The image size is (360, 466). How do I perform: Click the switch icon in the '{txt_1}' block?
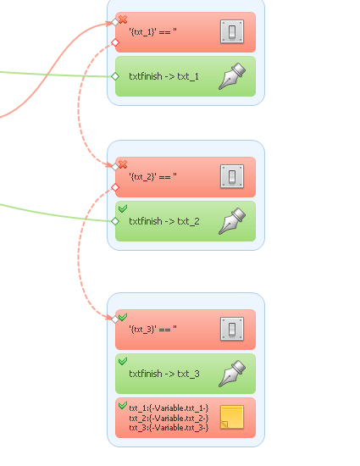[x=232, y=31]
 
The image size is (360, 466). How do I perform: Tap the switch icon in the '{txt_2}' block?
[x=232, y=176]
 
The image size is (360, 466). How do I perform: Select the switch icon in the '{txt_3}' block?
[x=232, y=329]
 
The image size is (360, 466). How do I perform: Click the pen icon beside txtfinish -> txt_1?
[x=232, y=76]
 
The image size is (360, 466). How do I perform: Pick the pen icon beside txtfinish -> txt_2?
[x=232, y=221]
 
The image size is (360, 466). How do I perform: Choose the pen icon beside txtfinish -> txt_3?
[x=232, y=374]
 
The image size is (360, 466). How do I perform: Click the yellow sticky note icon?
[x=232, y=417]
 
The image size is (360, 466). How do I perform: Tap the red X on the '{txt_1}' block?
[x=123, y=19]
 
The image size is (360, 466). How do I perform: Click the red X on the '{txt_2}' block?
[x=123, y=164]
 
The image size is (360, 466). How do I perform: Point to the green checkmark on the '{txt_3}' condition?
[x=123, y=317]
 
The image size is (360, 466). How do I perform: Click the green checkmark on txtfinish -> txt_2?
[x=123, y=208]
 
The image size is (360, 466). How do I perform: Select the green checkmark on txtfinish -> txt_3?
[x=123, y=361]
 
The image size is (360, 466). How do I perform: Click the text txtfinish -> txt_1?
[x=163, y=76]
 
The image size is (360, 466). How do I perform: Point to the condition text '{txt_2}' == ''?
[x=152, y=177]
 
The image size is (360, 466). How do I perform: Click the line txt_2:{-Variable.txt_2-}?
[x=169, y=419]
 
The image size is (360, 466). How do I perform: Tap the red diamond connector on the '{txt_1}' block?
[x=115, y=43]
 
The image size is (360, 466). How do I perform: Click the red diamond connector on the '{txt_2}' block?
[x=115, y=187]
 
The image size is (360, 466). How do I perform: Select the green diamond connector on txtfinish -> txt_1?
[x=115, y=76]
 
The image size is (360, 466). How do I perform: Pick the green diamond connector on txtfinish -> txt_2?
[x=115, y=221]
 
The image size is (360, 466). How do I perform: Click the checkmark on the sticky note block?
[x=123, y=405]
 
